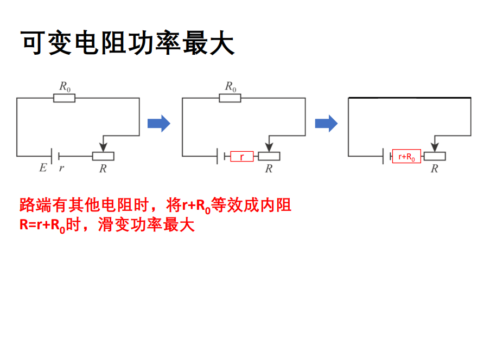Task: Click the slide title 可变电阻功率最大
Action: (128, 43)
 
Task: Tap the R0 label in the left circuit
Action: (65, 86)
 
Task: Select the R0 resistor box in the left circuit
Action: (65, 98)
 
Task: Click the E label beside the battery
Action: (43, 168)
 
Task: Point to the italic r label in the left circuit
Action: (61, 168)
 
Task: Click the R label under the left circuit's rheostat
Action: (103, 169)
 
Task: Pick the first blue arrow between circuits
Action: (159, 124)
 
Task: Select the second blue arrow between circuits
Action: (326, 124)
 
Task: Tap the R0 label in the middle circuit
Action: (231, 86)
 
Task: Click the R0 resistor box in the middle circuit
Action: (230, 98)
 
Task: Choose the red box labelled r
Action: (242, 157)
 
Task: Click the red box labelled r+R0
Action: (406, 157)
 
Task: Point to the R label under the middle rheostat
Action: (269, 169)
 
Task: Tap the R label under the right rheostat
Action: (434, 169)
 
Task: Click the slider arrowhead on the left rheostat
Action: (104, 147)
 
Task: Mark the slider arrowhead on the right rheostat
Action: (434, 147)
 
